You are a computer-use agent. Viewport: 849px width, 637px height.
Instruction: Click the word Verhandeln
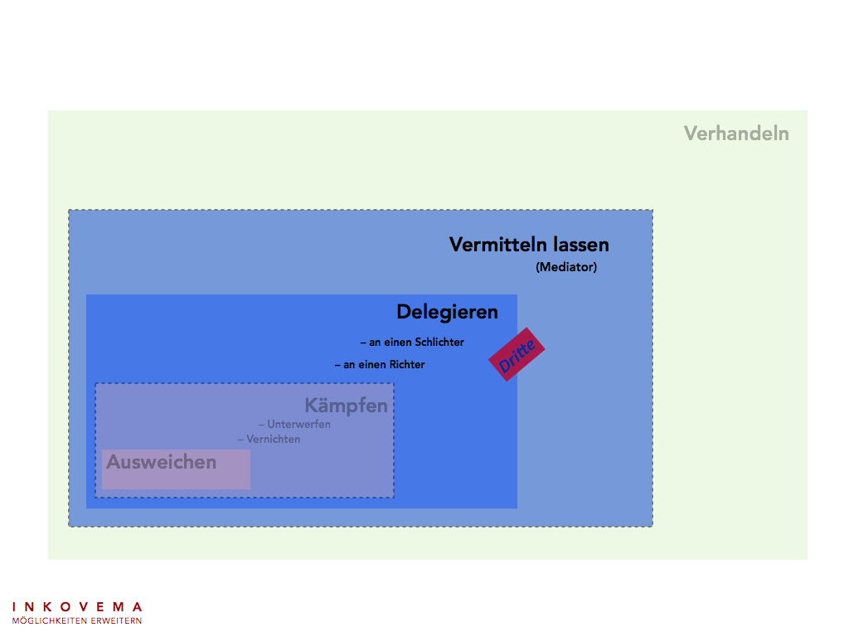tap(736, 134)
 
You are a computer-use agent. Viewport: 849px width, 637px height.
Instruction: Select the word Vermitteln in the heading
tap(499, 245)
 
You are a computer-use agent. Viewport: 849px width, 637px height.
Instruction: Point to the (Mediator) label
tap(566, 267)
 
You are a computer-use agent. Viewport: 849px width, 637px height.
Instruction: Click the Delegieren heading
tap(447, 312)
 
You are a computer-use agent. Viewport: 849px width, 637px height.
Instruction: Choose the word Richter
tap(406, 364)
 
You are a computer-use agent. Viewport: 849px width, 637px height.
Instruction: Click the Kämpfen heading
tap(346, 406)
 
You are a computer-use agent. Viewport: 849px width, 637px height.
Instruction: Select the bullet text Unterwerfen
tap(298, 425)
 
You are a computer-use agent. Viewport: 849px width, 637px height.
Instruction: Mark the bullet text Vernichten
tap(273, 439)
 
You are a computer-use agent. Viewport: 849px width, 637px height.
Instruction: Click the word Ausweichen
tap(161, 462)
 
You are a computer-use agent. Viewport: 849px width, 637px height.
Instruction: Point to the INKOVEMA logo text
tap(77, 607)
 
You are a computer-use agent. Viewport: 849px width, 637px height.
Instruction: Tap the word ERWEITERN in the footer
tap(114, 620)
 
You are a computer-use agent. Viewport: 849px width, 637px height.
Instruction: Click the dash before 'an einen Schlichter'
tap(363, 342)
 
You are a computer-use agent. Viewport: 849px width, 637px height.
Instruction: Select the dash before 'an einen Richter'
tap(337, 364)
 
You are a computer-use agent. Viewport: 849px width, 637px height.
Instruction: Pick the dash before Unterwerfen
tap(261, 425)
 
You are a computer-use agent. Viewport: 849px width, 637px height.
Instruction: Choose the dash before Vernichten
tap(240, 439)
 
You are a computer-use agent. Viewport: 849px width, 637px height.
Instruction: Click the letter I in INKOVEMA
tap(15, 607)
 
